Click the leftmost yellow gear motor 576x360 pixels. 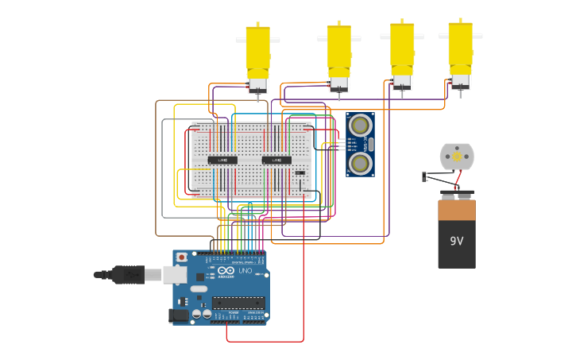[257, 52]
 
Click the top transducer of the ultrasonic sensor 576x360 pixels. [360, 125]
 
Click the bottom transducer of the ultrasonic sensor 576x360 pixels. [360, 164]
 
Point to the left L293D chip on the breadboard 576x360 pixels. [222, 160]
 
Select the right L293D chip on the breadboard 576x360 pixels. [276, 160]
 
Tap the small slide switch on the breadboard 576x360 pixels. [300, 172]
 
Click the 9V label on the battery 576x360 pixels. [457, 241]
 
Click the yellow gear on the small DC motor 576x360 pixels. [457, 157]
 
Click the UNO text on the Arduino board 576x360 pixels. [245, 271]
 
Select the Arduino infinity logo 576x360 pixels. [226, 271]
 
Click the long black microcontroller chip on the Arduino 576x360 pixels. [238, 302]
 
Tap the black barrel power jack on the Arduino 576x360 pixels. [180, 315]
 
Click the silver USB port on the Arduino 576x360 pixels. [175, 275]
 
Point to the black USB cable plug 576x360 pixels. [127, 275]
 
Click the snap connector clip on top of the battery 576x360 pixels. [457, 193]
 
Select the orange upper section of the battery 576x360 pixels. [457, 211]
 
